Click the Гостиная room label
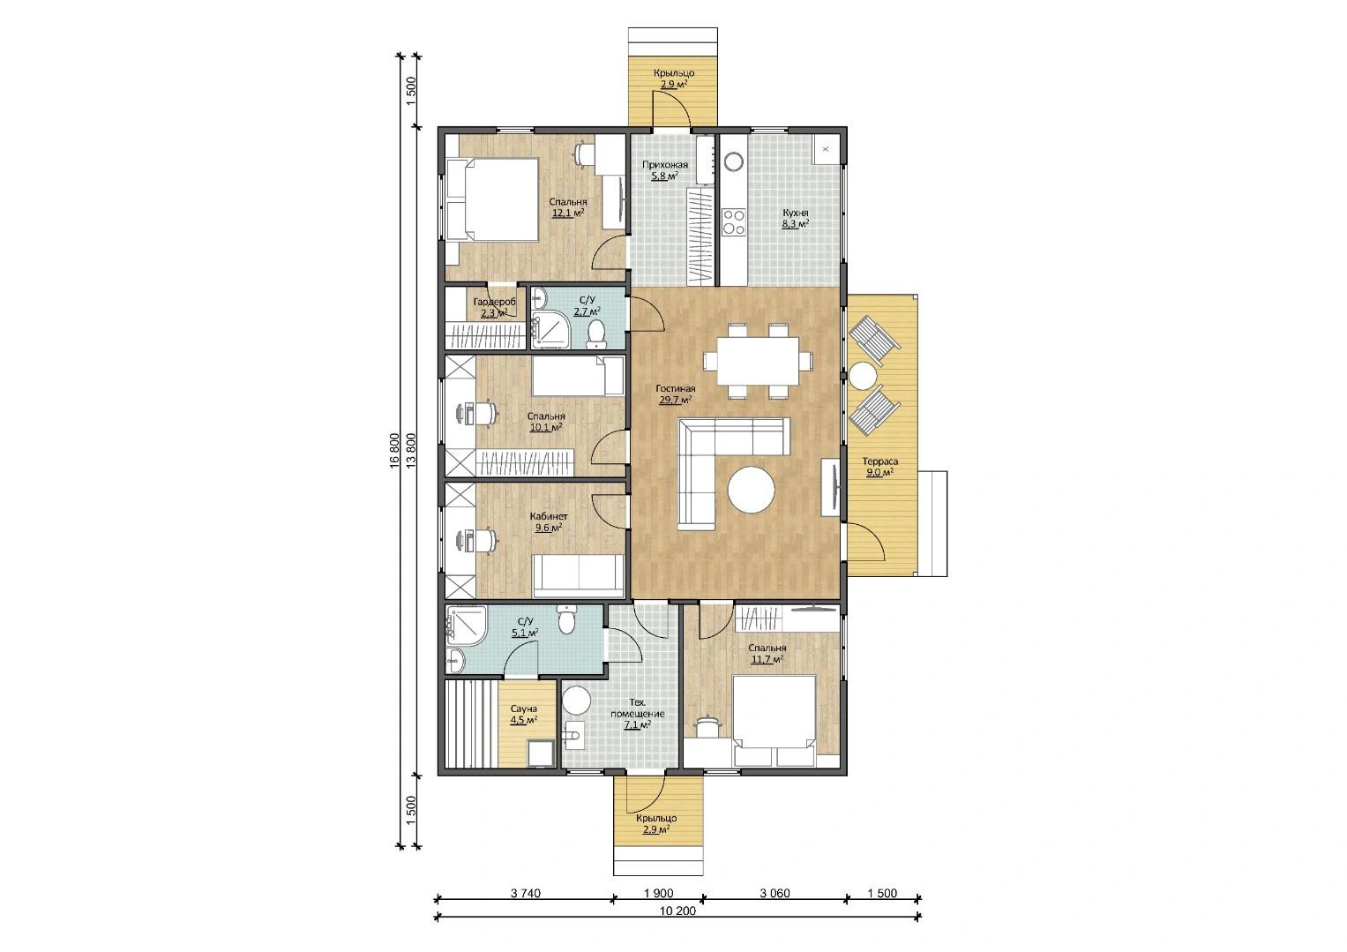(676, 388)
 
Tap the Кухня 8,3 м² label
(795, 218)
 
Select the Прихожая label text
(665, 165)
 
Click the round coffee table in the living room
(751, 490)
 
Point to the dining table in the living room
(758, 360)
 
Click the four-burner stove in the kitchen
(733, 222)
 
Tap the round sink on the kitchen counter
(733, 161)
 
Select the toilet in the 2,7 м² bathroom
(596, 334)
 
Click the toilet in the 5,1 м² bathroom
(566, 620)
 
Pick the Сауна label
(524, 709)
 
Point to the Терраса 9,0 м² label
(879, 467)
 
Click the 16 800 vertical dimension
(394, 451)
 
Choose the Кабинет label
(549, 517)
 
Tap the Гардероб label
(495, 302)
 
